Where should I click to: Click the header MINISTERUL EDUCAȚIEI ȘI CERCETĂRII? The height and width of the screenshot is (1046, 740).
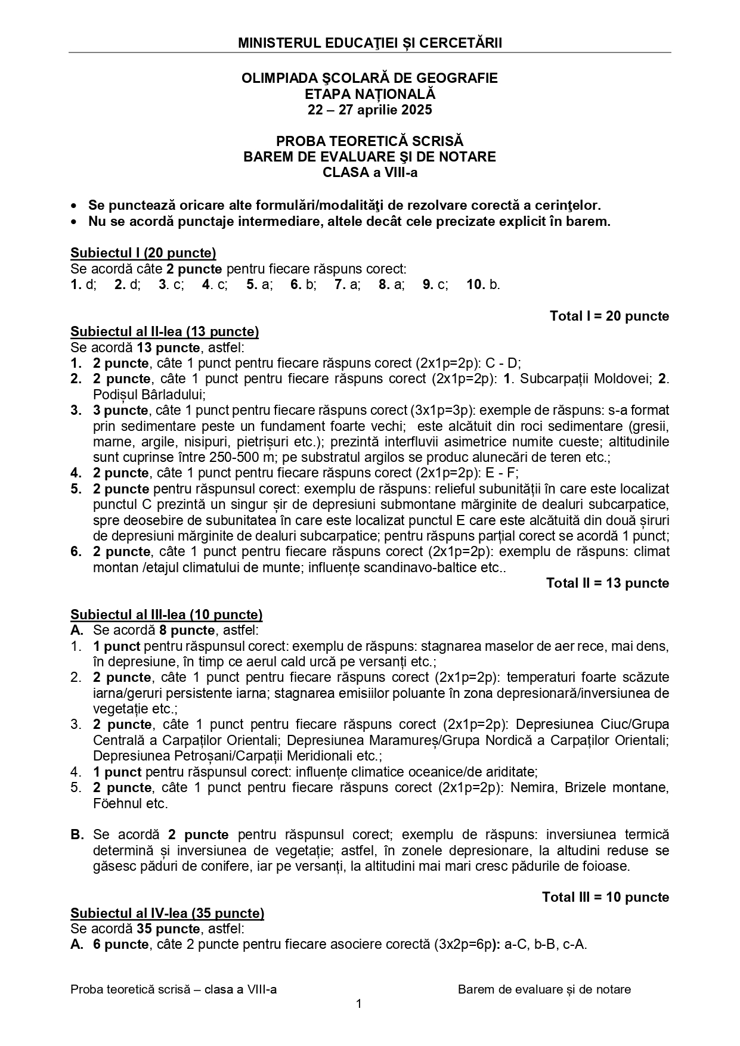coord(370,43)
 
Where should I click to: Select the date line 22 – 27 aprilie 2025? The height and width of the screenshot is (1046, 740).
coord(370,110)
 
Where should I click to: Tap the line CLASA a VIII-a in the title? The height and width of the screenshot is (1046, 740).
coord(370,173)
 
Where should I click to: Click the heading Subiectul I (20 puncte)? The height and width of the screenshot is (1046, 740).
coord(143,253)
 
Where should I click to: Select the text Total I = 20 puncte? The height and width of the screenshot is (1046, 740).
coord(609,316)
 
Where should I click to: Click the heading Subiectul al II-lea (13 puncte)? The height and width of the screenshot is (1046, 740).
coord(165,332)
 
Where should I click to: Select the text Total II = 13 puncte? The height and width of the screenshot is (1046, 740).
coord(608,583)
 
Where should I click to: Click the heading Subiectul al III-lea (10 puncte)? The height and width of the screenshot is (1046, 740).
coord(166,614)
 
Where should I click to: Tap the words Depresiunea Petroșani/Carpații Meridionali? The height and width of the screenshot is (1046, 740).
coord(226,756)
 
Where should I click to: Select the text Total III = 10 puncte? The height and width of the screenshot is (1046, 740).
coord(605,897)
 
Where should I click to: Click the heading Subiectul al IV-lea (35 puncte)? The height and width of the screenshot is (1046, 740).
coord(167,913)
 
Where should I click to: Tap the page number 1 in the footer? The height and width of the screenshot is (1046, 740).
coord(358,1004)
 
